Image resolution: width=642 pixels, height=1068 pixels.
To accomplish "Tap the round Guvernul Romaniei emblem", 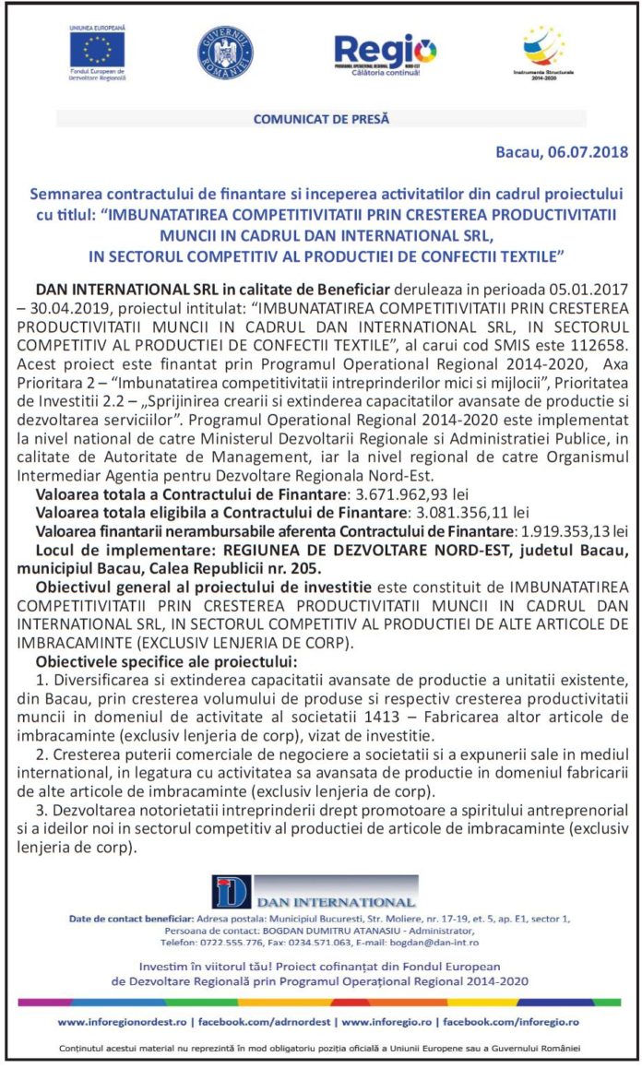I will coord(225,53).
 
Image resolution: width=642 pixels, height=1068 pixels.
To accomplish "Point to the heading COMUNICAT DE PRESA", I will coord(321,119).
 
